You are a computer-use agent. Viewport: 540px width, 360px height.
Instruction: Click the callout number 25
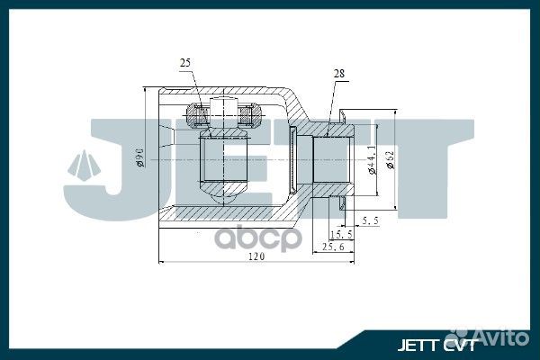pos(185,63)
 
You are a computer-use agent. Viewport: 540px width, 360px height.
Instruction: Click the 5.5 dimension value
pos(369,220)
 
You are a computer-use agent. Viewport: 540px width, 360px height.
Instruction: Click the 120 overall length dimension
pos(259,258)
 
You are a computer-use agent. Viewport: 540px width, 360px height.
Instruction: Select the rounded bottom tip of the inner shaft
pos(223,192)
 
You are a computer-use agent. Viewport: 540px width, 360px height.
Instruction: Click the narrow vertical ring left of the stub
pos(296,159)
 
